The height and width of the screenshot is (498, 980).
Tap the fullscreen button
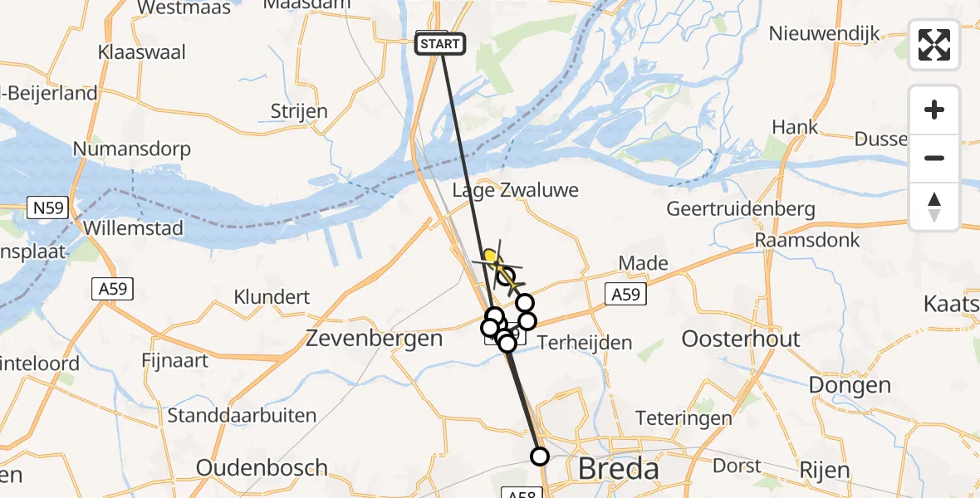(x=934, y=45)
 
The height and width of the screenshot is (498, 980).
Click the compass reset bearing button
(x=934, y=207)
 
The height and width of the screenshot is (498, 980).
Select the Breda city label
(x=618, y=469)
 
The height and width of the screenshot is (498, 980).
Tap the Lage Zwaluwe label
(x=515, y=190)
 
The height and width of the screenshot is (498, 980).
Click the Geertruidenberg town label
(x=741, y=209)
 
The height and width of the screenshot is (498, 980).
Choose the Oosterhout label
(x=741, y=339)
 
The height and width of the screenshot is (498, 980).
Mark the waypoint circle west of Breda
(x=540, y=456)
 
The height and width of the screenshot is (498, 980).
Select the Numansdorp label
(x=132, y=149)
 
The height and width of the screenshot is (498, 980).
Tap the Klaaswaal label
(x=141, y=51)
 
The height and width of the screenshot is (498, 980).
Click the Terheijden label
(x=585, y=342)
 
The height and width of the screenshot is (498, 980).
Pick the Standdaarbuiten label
(x=242, y=415)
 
